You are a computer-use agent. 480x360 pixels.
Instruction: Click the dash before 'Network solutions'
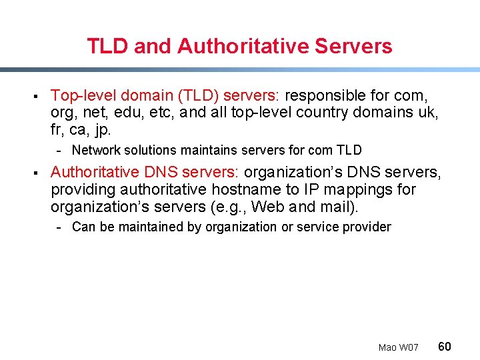point(61,151)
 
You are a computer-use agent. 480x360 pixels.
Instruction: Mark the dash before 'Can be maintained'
point(61,227)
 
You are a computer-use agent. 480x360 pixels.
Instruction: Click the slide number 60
point(445,346)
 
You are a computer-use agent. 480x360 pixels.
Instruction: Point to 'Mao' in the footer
point(387,347)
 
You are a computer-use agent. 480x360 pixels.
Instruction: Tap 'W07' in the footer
point(409,347)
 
